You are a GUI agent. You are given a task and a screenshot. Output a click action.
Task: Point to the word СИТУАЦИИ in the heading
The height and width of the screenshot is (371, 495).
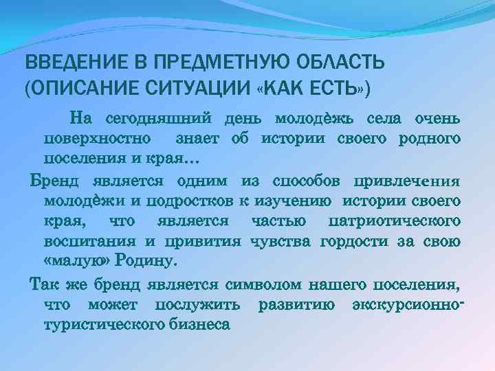click(x=197, y=89)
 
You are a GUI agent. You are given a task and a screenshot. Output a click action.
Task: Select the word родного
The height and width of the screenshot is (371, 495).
click(x=428, y=139)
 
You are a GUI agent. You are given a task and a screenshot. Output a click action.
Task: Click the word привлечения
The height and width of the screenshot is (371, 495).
click(x=405, y=181)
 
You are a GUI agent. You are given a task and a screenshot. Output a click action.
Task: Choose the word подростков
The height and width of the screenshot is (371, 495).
click(x=195, y=201)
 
